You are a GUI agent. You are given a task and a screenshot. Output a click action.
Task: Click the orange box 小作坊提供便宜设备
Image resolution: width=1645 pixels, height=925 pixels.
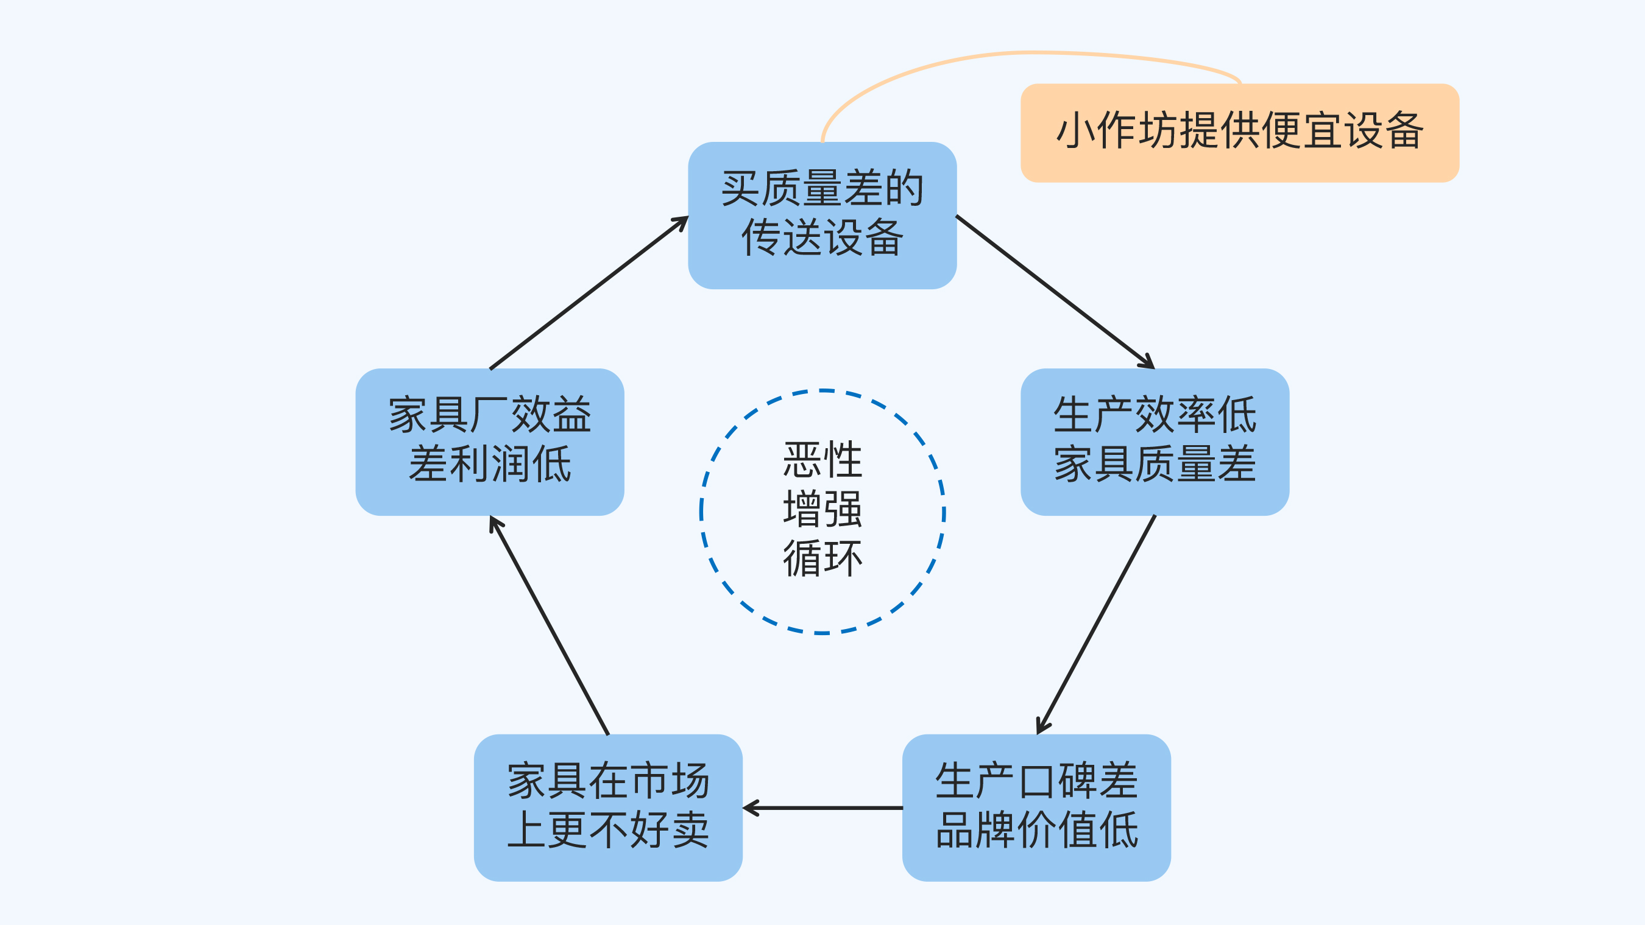[x=1239, y=133]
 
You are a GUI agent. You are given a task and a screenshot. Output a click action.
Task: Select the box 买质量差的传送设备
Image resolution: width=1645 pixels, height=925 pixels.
[x=822, y=215]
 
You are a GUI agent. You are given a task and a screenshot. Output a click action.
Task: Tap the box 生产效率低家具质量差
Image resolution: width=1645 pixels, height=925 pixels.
[x=1155, y=441]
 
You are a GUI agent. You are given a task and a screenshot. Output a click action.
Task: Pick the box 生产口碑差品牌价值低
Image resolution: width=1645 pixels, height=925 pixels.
[x=1036, y=807]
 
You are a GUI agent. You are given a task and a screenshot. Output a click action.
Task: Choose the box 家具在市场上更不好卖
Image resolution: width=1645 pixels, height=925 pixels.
[x=608, y=807]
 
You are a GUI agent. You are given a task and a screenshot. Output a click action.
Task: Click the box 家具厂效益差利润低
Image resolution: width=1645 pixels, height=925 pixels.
[x=490, y=441]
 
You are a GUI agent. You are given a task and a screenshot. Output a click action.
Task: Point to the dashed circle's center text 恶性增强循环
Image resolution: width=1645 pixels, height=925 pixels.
[x=822, y=511]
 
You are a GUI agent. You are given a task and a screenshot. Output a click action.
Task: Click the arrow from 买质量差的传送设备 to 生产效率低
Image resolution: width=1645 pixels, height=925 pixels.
[x=1055, y=292]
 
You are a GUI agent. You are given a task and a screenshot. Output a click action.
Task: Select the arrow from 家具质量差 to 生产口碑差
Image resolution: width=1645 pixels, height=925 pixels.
[x=1097, y=624]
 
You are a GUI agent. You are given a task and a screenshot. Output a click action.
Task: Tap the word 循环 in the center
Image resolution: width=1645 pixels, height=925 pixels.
[x=822, y=558]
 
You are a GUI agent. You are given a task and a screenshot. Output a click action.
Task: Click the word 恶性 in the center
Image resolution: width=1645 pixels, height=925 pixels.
[x=822, y=460]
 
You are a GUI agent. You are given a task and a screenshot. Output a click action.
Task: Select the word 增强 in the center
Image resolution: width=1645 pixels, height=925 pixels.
[x=822, y=510]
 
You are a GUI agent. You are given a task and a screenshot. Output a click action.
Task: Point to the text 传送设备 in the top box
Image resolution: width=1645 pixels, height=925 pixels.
[x=822, y=237]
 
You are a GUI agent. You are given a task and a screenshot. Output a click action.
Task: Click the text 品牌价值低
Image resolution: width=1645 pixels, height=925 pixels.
[x=1036, y=830]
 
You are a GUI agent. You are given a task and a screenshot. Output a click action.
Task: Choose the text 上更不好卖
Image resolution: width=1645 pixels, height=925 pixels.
[x=608, y=830]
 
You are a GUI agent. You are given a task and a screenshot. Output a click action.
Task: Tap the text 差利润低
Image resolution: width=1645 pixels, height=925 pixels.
[x=490, y=464]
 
